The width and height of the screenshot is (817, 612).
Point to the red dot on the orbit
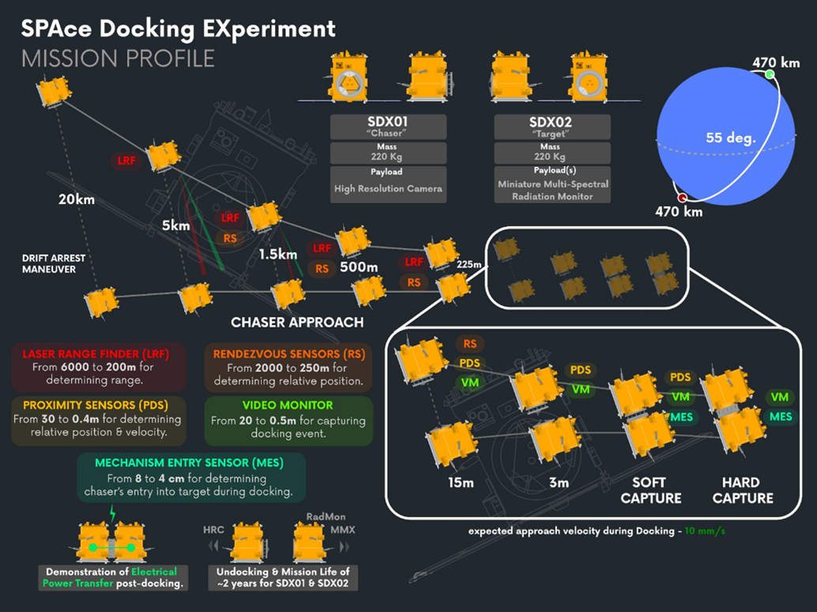click(x=682, y=197)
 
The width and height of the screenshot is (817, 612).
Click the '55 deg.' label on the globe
click(x=731, y=138)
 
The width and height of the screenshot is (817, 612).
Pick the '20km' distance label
click(x=77, y=199)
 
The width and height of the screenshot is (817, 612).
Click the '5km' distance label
click(x=176, y=225)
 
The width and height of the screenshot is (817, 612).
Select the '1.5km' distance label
click(x=278, y=254)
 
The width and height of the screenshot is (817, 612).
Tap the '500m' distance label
click(x=358, y=267)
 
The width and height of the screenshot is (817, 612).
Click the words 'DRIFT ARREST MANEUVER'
click(x=55, y=264)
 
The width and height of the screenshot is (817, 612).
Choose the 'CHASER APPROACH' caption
click(x=297, y=322)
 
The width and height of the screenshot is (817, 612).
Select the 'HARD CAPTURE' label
click(x=740, y=490)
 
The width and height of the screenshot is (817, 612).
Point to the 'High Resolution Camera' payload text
click(x=387, y=188)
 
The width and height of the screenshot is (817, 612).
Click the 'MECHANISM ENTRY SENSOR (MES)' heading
click(x=189, y=463)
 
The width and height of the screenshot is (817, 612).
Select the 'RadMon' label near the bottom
click(x=326, y=517)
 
